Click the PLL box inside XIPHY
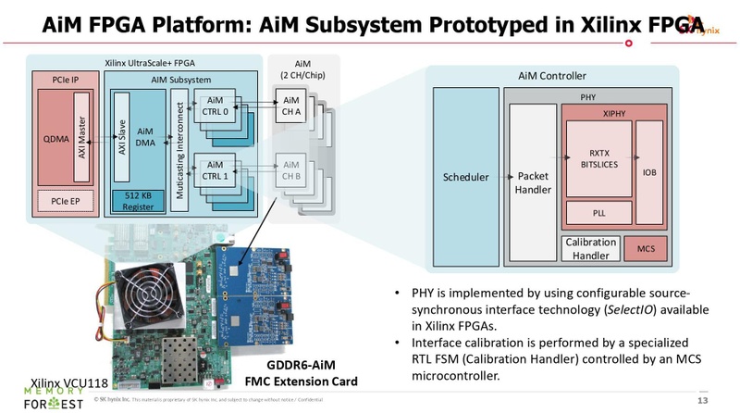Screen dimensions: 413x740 pos(598,212)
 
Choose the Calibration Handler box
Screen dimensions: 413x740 pos(590,248)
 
